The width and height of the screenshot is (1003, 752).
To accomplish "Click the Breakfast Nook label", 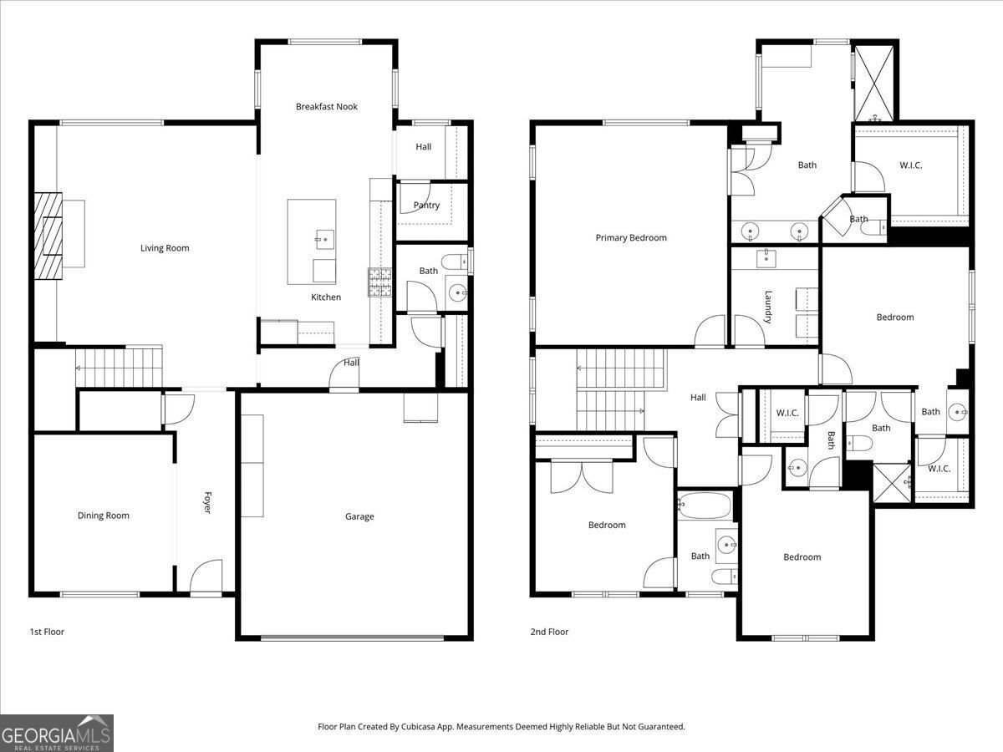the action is pyautogui.click(x=326, y=106).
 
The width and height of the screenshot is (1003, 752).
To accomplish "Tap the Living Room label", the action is pyautogui.click(x=165, y=248).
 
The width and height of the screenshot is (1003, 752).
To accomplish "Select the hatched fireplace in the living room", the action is pyautogui.click(x=48, y=236).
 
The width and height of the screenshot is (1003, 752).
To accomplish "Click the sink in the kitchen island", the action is pyautogui.click(x=325, y=240).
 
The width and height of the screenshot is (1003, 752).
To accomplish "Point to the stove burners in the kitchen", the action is pyautogui.click(x=380, y=282).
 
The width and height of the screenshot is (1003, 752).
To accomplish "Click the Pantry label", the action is pyautogui.click(x=426, y=206).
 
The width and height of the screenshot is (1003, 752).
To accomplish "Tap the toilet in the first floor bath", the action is pyautogui.click(x=454, y=262).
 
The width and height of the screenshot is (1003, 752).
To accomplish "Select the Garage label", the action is pyautogui.click(x=359, y=516).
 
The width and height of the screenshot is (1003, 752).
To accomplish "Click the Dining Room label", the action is pyautogui.click(x=104, y=516).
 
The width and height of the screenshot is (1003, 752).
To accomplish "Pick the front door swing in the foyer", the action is pyautogui.click(x=206, y=577).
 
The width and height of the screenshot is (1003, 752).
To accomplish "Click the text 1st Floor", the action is pyautogui.click(x=47, y=632).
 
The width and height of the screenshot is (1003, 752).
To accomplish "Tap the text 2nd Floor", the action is pyautogui.click(x=549, y=632).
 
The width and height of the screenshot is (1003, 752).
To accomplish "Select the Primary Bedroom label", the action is pyautogui.click(x=631, y=237).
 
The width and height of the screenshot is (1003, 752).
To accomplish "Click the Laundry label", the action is pyautogui.click(x=767, y=307).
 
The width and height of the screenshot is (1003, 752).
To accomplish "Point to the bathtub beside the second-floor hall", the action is pyautogui.click(x=704, y=506).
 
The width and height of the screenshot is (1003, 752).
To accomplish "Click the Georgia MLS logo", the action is pyautogui.click(x=57, y=733).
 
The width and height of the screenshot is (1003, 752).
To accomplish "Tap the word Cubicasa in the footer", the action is pyautogui.click(x=419, y=726).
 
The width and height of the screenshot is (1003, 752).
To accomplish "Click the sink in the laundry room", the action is pyautogui.click(x=766, y=258).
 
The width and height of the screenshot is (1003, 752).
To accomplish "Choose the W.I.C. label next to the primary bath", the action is pyautogui.click(x=911, y=165).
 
